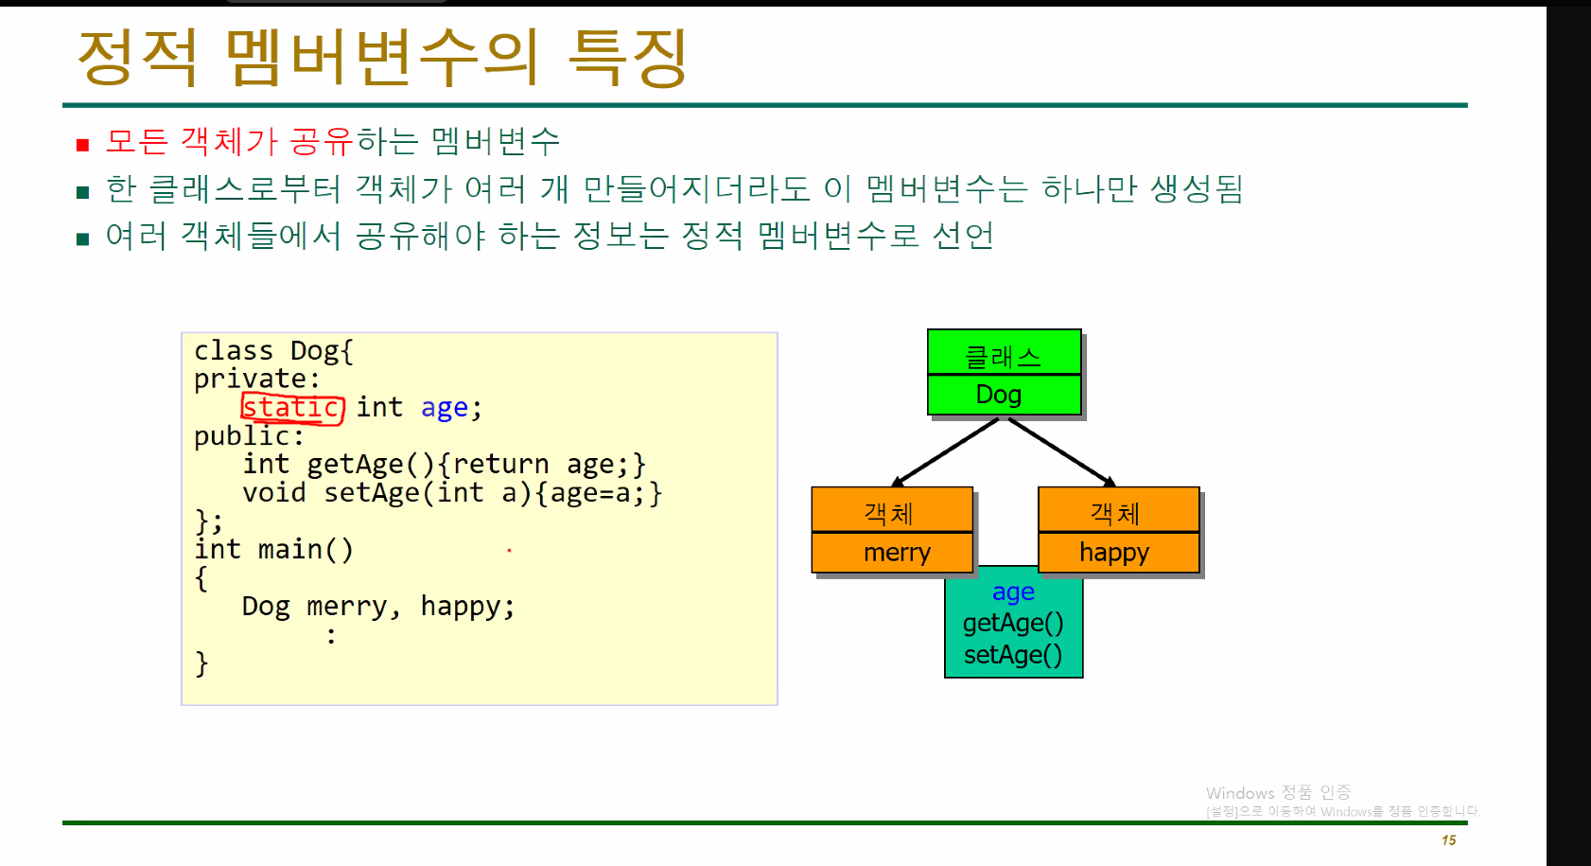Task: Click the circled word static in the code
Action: click(291, 408)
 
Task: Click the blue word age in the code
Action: click(444, 408)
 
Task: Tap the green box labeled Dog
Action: click(1004, 395)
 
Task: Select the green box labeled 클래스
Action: click(1004, 354)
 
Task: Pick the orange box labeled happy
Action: click(1118, 553)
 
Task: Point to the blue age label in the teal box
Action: click(1013, 592)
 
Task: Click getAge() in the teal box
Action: click(1013, 623)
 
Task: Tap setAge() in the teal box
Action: click(1013, 655)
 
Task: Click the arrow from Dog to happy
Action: click(1061, 451)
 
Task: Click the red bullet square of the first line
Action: click(83, 145)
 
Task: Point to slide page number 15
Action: click(1448, 840)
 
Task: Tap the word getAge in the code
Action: click(355, 465)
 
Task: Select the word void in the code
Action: click(273, 493)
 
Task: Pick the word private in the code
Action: click(250, 380)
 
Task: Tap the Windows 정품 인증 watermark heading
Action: click(1278, 792)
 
